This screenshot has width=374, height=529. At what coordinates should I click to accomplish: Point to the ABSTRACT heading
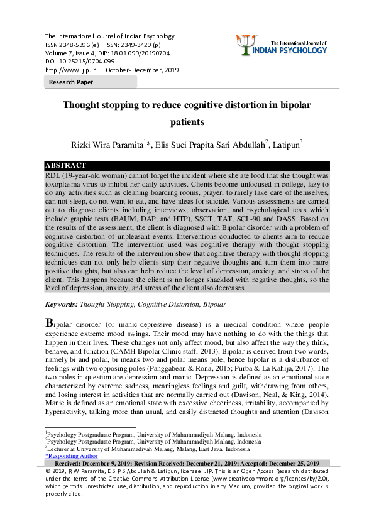coord(66,166)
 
